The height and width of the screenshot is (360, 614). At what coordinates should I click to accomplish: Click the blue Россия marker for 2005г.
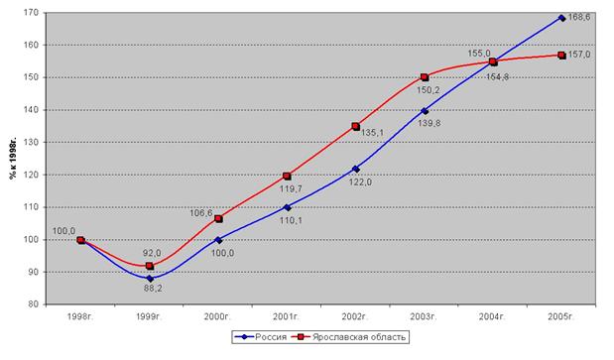point(561,18)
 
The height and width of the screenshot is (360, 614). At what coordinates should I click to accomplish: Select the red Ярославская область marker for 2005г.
point(561,56)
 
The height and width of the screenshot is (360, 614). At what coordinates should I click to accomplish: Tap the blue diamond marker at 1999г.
point(150,279)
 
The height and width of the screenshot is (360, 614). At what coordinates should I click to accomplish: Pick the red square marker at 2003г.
point(425,77)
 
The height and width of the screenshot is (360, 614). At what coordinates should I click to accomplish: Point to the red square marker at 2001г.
point(287,177)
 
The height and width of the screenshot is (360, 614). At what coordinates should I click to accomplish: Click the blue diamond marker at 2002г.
point(355,169)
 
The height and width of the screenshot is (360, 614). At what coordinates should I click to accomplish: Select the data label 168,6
point(579,17)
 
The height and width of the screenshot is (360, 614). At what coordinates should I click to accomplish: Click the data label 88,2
point(153,289)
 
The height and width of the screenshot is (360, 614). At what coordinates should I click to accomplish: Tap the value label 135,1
point(372,133)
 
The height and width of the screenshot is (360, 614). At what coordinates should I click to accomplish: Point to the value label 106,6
point(201,213)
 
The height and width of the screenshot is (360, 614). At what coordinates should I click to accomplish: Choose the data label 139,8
point(430,123)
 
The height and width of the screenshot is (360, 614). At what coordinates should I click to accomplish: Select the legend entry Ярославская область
point(359,337)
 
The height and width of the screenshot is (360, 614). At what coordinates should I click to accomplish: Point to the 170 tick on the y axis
point(33,13)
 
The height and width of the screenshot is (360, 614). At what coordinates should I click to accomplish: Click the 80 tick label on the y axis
point(35,304)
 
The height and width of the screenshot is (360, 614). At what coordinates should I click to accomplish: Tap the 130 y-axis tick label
point(33,143)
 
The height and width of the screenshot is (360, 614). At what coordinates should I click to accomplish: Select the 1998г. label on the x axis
point(80,317)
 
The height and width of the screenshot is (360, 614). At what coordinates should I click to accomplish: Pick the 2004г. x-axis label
point(493,317)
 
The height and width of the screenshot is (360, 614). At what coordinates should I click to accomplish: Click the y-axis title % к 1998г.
point(13,159)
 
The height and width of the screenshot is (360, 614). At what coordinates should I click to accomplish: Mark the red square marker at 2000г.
point(218,219)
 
